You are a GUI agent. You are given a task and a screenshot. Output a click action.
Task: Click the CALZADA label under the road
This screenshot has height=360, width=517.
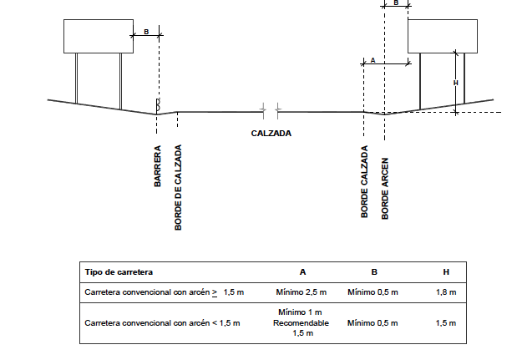(x=271, y=133)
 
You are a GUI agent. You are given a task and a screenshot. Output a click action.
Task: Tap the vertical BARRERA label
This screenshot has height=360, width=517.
(x=158, y=166)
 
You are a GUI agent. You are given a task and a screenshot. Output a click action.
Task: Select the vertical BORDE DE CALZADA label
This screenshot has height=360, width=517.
(x=178, y=187)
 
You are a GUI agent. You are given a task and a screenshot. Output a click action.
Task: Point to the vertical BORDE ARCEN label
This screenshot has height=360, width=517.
(x=385, y=188)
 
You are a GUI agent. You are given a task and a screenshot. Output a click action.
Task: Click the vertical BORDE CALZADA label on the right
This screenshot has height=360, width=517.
(x=364, y=181)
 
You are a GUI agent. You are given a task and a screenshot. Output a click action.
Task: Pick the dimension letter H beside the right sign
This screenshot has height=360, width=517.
(x=456, y=83)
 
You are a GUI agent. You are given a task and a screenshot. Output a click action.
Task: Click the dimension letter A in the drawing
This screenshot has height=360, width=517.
(x=373, y=60)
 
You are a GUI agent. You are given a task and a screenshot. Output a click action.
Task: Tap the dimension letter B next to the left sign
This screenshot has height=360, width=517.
(x=146, y=32)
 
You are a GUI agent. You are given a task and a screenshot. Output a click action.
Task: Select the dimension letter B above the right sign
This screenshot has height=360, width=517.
(x=396, y=3)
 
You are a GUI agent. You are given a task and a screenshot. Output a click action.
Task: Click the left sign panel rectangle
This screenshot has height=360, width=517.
(x=99, y=36)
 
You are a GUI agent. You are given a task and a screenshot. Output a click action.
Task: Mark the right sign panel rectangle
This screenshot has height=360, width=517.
(x=443, y=36)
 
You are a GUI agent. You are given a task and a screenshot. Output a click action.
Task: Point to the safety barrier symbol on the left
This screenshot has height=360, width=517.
(x=158, y=105)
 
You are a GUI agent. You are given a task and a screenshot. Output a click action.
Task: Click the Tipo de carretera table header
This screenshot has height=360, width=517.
(x=119, y=272)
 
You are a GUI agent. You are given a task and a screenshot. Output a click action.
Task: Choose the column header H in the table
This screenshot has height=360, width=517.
(x=446, y=272)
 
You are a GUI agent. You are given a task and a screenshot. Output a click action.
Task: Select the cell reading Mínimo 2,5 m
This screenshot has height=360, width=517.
(x=302, y=292)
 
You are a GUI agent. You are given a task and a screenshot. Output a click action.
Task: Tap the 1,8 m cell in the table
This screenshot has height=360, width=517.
(x=446, y=292)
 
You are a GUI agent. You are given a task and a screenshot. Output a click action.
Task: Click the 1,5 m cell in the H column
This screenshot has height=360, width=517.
(x=446, y=323)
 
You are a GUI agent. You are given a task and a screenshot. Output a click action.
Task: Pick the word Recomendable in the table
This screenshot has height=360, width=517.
(x=301, y=323)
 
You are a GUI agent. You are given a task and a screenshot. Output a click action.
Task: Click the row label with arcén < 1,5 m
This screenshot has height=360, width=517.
(x=162, y=323)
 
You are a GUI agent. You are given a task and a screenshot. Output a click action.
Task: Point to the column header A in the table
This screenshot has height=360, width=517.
(x=302, y=272)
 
